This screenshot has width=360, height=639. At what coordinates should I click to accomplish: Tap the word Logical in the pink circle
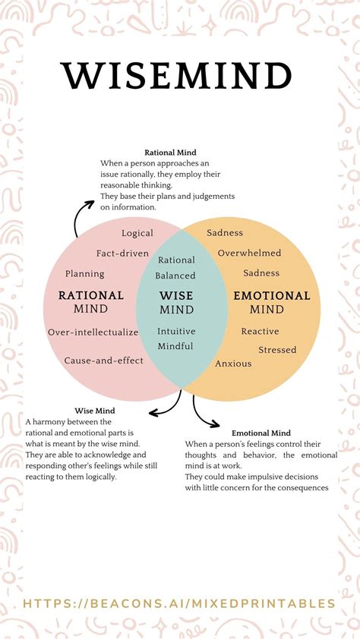(137, 233)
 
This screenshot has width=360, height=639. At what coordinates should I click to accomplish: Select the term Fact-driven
(122, 253)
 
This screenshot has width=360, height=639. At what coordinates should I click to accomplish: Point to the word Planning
(85, 273)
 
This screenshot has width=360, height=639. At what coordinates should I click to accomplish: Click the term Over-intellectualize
(93, 332)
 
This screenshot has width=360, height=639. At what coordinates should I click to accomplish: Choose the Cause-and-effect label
(103, 360)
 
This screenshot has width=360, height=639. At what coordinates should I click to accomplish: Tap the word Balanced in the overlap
(176, 275)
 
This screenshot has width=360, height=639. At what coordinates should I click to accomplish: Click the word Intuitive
(176, 331)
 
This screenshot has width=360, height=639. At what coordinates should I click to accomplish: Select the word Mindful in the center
(175, 346)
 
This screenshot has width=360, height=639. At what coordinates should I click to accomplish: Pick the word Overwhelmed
(249, 253)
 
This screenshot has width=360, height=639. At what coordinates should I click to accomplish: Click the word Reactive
(260, 331)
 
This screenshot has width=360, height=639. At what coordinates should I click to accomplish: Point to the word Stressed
(277, 350)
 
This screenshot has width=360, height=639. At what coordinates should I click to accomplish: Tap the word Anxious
(233, 364)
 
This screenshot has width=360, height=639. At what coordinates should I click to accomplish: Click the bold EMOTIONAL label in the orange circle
(271, 295)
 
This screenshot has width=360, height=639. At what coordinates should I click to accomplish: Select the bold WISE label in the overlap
(176, 295)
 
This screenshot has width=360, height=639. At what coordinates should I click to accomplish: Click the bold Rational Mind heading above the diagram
(171, 152)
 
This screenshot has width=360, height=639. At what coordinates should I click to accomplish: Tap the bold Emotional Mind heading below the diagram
(261, 433)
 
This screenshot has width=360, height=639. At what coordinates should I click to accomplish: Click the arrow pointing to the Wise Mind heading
(166, 406)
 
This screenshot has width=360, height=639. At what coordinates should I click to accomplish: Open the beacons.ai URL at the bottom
(179, 603)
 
